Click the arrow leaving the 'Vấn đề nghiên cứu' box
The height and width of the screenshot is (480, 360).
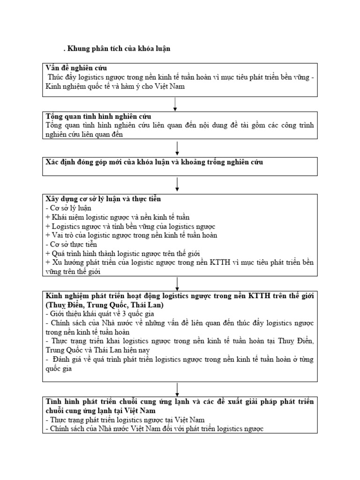pos(174,105)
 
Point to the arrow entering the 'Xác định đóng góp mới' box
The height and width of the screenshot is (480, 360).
pos(178,148)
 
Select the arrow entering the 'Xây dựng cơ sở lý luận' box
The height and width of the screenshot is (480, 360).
pos(178,184)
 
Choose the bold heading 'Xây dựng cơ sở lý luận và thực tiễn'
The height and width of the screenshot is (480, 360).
pos(103,199)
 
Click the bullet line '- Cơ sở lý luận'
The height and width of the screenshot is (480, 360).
pos(68,208)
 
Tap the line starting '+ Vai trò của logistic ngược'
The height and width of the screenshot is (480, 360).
pos(131,235)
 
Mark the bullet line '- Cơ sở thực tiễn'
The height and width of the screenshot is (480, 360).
pos(71,244)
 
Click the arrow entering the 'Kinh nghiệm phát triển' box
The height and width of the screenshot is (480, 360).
pos(178,284)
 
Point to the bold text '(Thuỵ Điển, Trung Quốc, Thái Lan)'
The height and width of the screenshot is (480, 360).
pos(104,305)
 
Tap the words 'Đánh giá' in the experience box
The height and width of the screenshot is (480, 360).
pos(67,360)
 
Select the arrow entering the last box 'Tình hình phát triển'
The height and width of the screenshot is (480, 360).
pos(178,389)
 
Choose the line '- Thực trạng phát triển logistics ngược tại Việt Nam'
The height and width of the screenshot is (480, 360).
pos(125,420)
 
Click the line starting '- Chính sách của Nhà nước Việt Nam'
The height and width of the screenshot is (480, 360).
pos(155,429)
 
